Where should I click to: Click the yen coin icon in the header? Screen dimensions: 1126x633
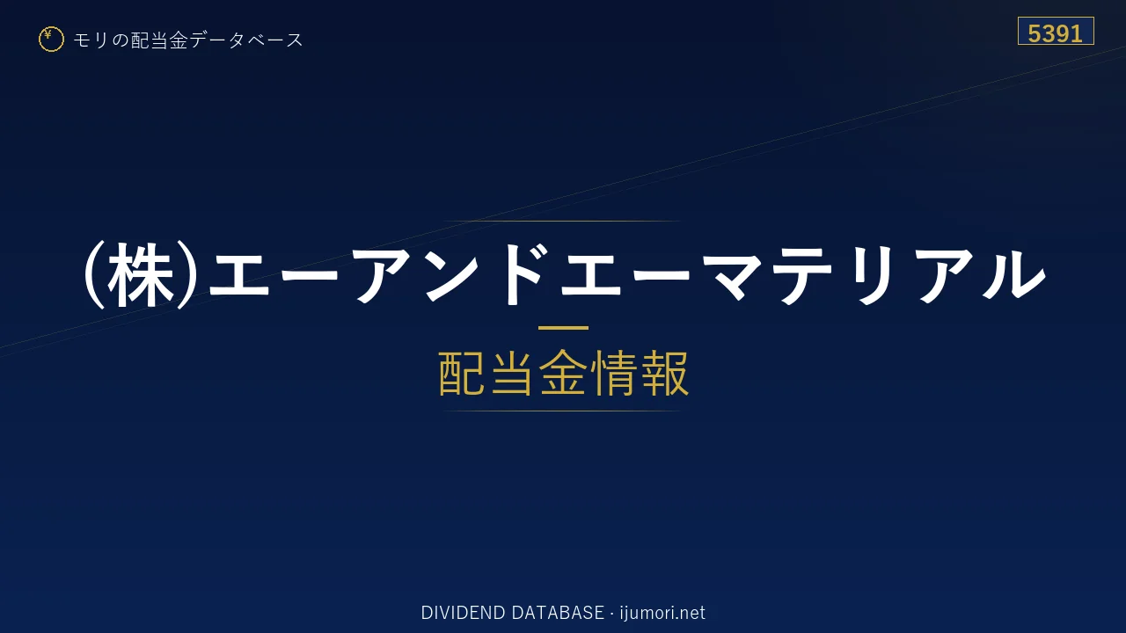(51, 40)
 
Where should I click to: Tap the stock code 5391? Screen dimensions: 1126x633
(1055, 33)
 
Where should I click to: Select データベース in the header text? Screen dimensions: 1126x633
(246, 40)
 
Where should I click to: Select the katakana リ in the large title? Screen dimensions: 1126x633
(874, 275)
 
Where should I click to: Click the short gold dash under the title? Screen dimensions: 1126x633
(563, 328)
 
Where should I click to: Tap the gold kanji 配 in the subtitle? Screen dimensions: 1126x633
(462, 373)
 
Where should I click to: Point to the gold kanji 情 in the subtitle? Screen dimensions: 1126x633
(614, 373)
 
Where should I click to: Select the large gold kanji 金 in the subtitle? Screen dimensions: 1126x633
(563, 373)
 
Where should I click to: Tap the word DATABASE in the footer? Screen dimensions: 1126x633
(558, 613)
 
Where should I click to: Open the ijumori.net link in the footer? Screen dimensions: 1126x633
(662, 613)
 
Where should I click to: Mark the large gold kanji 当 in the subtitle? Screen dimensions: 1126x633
(512, 373)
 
